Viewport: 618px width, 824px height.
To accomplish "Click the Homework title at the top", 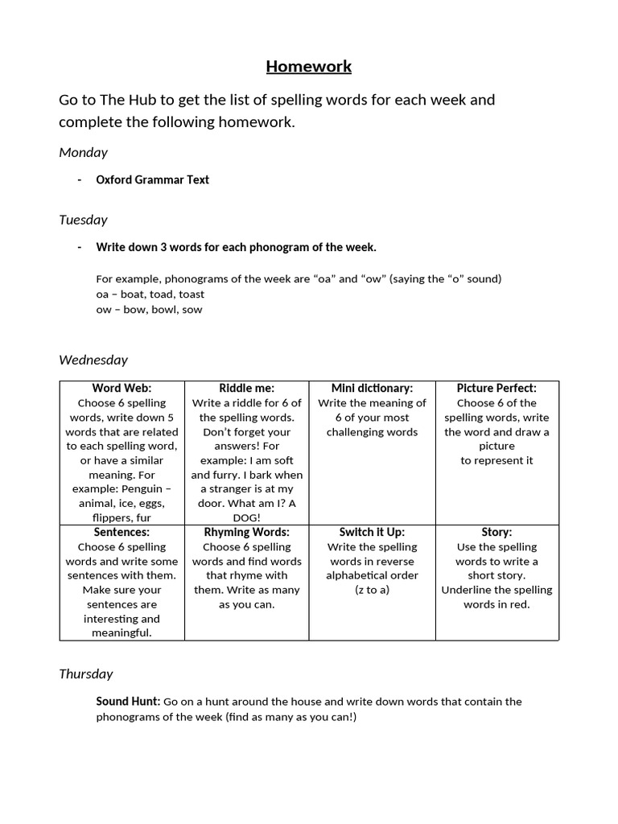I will pyautogui.click(x=309, y=66).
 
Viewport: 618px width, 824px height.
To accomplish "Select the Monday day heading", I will pyautogui.click(x=83, y=152).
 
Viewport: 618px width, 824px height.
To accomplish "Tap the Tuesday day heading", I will pyautogui.click(x=83, y=220).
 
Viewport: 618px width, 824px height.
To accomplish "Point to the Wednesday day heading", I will pyautogui.click(x=93, y=360).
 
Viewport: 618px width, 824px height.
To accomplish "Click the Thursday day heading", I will pyautogui.click(x=86, y=674).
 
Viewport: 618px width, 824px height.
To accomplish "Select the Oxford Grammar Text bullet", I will pyautogui.click(x=152, y=179).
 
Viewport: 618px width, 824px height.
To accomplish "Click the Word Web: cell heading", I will pyautogui.click(x=122, y=388).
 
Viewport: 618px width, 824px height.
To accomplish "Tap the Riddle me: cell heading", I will pyautogui.click(x=247, y=388).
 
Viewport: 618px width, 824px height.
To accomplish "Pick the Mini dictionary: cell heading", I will pyautogui.click(x=372, y=388).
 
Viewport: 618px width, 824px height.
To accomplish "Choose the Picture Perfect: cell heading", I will pyautogui.click(x=496, y=388).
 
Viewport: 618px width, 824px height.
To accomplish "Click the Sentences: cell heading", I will pyautogui.click(x=122, y=532).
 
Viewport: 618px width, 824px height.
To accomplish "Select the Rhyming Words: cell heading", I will pyautogui.click(x=247, y=532).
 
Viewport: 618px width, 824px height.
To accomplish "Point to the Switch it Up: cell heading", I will pyautogui.click(x=372, y=532).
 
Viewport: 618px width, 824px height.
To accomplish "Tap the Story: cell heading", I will pyautogui.click(x=496, y=532).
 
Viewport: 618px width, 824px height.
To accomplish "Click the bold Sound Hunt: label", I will pyautogui.click(x=128, y=701).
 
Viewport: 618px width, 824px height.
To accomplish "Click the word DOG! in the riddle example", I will pyautogui.click(x=247, y=517).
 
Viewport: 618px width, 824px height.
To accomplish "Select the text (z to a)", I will pyautogui.click(x=372, y=590).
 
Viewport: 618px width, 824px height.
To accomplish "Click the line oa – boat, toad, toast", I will pyautogui.click(x=150, y=295).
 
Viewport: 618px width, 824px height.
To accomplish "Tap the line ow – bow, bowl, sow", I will pyautogui.click(x=149, y=309).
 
